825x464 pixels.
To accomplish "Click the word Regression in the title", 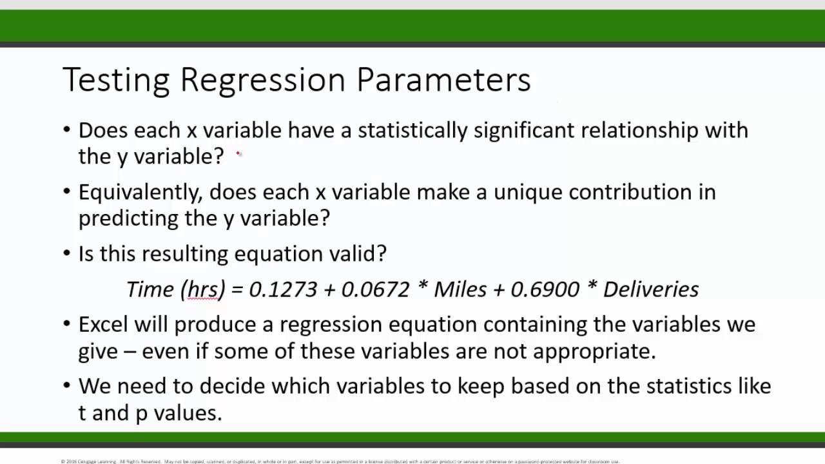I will (x=263, y=80).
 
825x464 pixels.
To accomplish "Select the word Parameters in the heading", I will (x=443, y=80).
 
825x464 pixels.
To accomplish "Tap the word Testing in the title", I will (x=116, y=80).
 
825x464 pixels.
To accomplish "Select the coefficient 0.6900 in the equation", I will (x=545, y=289).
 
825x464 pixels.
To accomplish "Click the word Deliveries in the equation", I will (x=650, y=289).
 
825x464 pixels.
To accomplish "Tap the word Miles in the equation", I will (x=460, y=289).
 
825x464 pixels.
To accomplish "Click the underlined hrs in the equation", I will (x=202, y=290).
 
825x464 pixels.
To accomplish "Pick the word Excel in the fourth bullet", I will (x=103, y=324).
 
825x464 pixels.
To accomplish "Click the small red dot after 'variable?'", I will (x=238, y=153).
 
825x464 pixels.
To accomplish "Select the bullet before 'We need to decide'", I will (x=67, y=386).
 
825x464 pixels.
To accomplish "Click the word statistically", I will (x=412, y=130).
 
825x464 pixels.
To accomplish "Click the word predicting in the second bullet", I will (x=128, y=218).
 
